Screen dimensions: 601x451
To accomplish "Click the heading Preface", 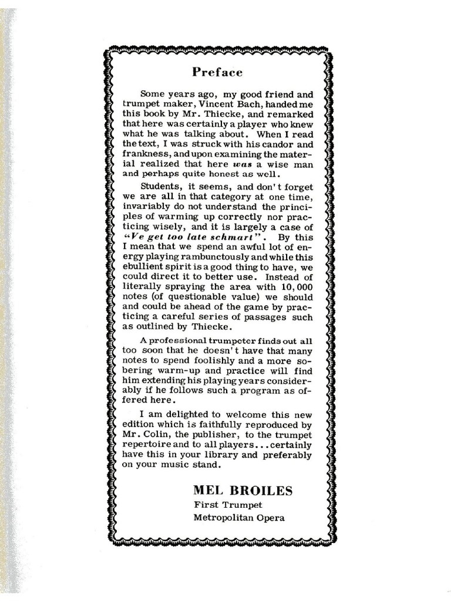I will (x=217, y=72).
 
